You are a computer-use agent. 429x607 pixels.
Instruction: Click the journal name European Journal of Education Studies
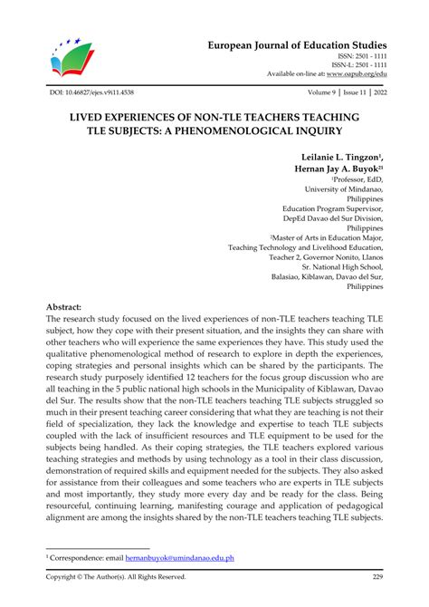click(310, 45)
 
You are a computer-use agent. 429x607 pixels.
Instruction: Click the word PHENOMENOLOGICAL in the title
click(271, 133)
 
